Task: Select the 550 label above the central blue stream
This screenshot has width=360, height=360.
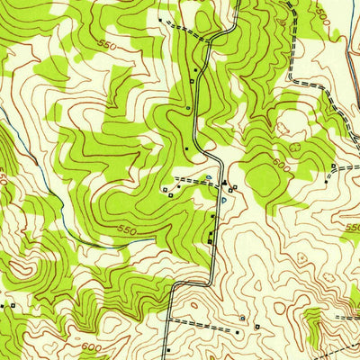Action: click(127, 230)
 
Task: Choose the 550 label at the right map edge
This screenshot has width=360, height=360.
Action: click(351, 233)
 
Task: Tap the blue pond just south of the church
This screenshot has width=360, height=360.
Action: click(224, 200)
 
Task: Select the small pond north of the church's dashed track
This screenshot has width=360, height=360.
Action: click(209, 176)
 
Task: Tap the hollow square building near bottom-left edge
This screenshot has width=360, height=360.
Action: click(16, 306)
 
